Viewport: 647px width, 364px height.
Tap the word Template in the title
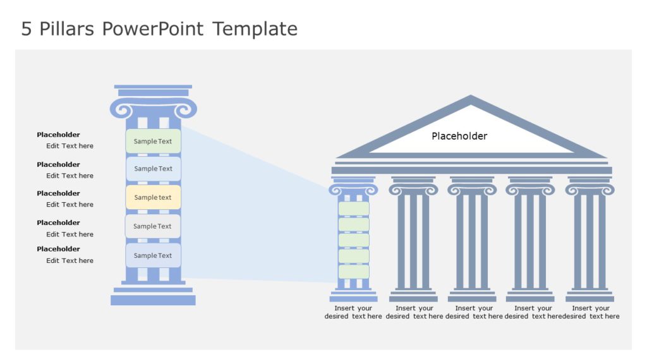pyautogui.click(x=255, y=29)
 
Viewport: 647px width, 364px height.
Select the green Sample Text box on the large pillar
pyautogui.click(x=153, y=141)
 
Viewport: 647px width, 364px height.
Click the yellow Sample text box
pyautogui.click(x=153, y=197)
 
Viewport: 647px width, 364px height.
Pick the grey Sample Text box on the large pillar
pyautogui.click(x=153, y=226)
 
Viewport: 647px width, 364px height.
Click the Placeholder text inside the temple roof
pyautogui.click(x=459, y=136)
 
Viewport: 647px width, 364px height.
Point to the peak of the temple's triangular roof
pyautogui.click(x=471, y=98)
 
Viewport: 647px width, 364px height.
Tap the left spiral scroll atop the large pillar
pyautogui.click(x=121, y=110)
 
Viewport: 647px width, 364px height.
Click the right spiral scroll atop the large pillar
pyautogui.click(x=186, y=110)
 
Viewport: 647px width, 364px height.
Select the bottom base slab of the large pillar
pyautogui.click(x=153, y=300)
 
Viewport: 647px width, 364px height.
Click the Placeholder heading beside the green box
pyautogui.click(x=58, y=135)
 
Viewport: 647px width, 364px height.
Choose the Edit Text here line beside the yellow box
pyautogui.click(x=70, y=204)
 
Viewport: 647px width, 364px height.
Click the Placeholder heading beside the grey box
pyautogui.click(x=58, y=222)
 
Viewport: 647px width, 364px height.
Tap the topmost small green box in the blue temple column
pyautogui.click(x=353, y=209)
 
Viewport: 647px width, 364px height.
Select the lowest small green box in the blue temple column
pyautogui.click(x=353, y=272)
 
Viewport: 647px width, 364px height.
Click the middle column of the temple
pyautogui.click(x=472, y=240)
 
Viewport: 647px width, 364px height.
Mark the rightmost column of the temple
pyautogui.click(x=590, y=240)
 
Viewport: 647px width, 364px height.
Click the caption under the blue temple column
pyautogui.click(x=353, y=312)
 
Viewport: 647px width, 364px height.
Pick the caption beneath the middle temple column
pyautogui.click(x=473, y=312)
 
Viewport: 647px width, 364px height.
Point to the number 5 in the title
pyautogui.click(x=26, y=29)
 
